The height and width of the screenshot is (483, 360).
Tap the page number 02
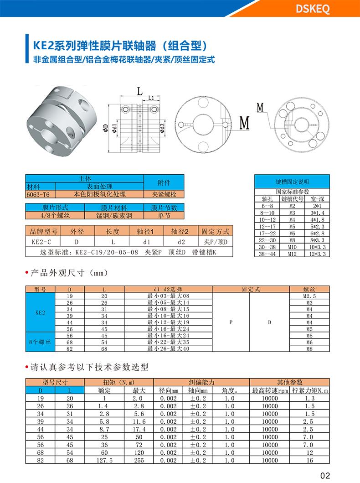point(325,475)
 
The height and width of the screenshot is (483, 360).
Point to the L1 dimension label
point(151,98)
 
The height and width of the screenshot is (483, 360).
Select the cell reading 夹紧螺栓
point(164,194)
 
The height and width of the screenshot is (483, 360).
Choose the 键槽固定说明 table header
point(292,182)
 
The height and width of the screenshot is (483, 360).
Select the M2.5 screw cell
point(309,296)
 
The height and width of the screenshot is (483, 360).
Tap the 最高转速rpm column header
point(270,391)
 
